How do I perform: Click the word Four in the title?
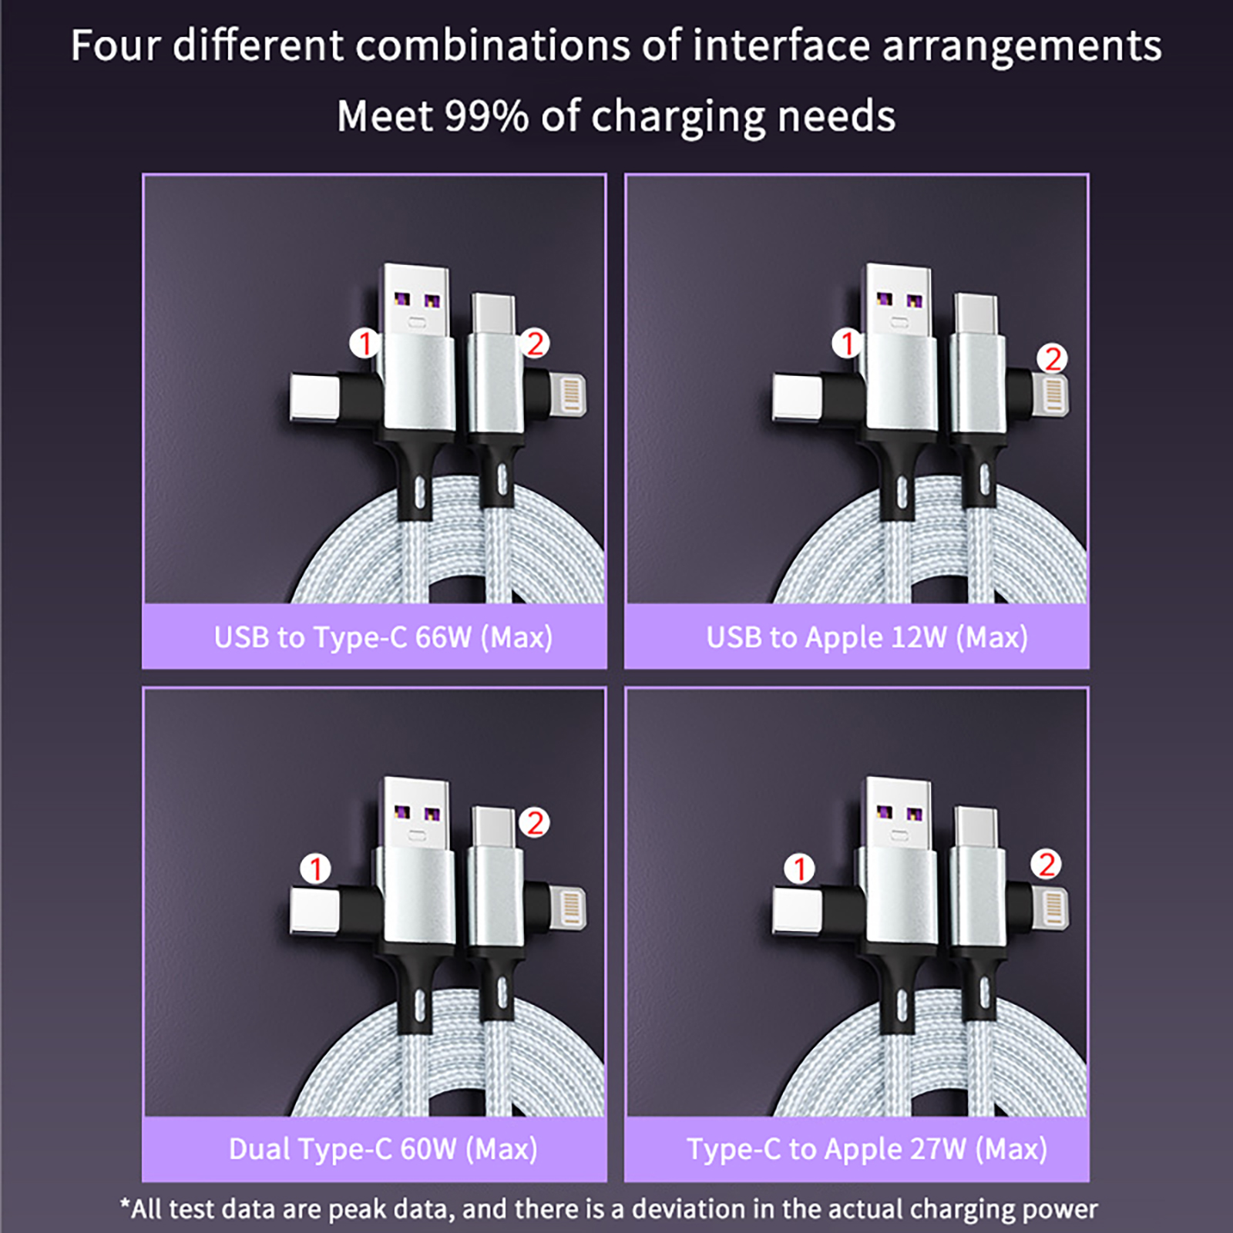pyautogui.click(x=115, y=45)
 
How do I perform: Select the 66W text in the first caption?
pyautogui.click(x=443, y=637)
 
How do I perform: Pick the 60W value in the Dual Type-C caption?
pyautogui.click(x=428, y=1149)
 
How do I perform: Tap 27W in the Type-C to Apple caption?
pyautogui.click(x=938, y=1149)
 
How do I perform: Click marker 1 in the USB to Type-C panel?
pyautogui.click(x=365, y=343)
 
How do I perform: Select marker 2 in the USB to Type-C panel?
pyautogui.click(x=535, y=343)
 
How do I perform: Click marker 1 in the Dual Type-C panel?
pyautogui.click(x=315, y=869)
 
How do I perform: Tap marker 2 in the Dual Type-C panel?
pyautogui.click(x=535, y=823)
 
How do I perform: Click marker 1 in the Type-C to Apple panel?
pyautogui.click(x=799, y=869)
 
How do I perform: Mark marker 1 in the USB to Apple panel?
pyautogui.click(x=847, y=343)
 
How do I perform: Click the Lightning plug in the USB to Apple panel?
pyautogui.click(x=1051, y=395)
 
